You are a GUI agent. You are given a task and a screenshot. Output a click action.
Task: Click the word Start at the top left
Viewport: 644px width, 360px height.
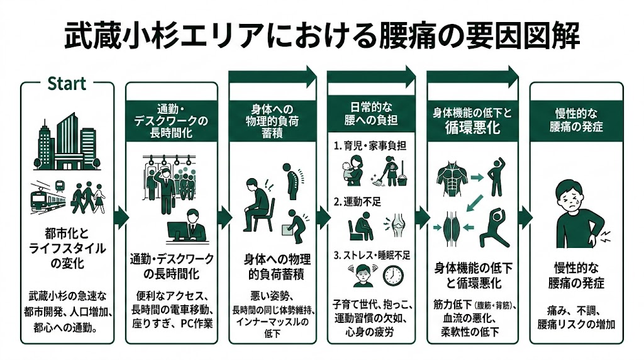tap(67, 84)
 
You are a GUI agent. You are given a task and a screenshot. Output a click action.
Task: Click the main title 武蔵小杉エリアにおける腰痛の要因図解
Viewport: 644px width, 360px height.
tap(322, 37)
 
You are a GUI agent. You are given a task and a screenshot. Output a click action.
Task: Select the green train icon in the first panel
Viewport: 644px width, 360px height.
tap(47, 196)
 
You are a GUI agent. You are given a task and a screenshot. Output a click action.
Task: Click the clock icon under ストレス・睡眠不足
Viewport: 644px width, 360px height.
tap(393, 276)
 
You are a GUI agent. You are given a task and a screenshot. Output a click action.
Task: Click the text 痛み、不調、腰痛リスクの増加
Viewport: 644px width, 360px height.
tap(575, 317)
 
